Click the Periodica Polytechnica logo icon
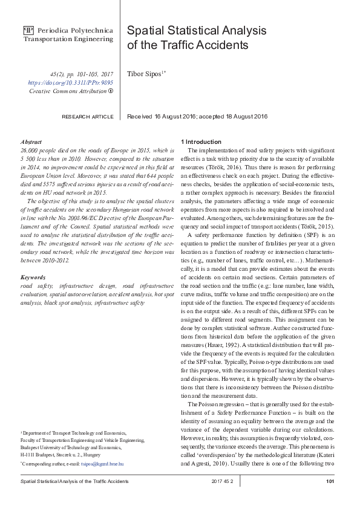coord(28,30)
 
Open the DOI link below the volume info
coord(71,82)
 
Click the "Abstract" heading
coord(31,141)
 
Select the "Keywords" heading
coord(33,277)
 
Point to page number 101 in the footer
coord(330,481)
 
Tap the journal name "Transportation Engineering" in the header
coord(68,39)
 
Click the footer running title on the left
coord(74,481)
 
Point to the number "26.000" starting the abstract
coord(30,149)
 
